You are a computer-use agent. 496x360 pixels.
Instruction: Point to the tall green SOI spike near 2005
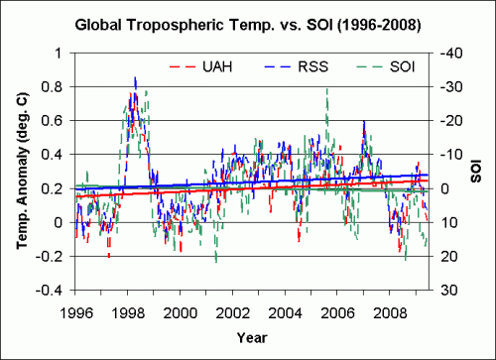pyautogui.click(x=326, y=89)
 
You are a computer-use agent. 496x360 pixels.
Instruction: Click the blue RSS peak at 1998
pyautogui.click(x=136, y=77)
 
